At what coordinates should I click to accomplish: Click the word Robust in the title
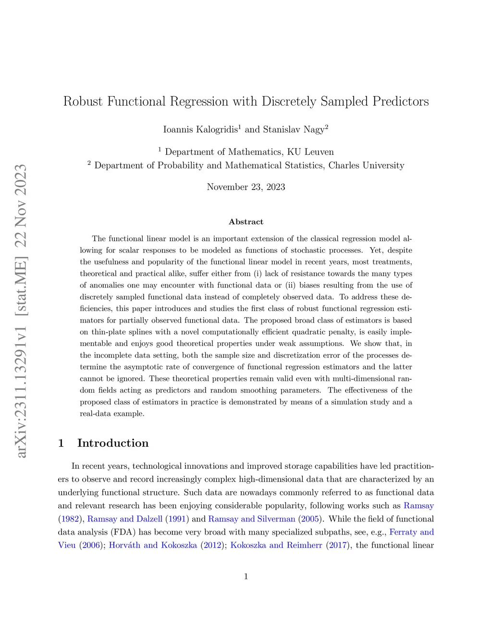[x=83, y=101]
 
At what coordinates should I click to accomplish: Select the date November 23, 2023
[x=246, y=187]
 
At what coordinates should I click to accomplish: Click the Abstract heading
[x=246, y=222]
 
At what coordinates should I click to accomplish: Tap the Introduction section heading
[x=113, y=443]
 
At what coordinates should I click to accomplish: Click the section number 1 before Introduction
[x=61, y=443]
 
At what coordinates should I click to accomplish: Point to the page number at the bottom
[x=246, y=576]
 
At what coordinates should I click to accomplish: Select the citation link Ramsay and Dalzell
[x=125, y=519]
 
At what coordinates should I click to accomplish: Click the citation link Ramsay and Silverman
[x=252, y=519]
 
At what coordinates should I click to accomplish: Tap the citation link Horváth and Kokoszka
[x=153, y=545]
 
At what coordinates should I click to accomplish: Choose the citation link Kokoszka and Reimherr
[x=276, y=545]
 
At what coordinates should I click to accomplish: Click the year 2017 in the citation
[x=338, y=545]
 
